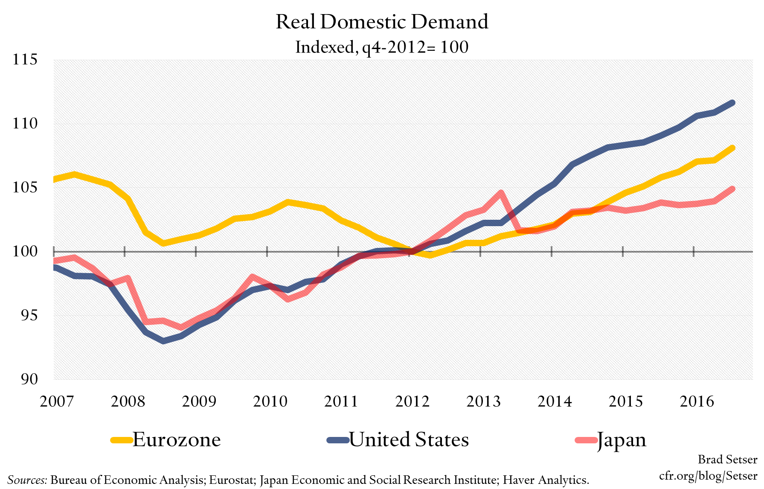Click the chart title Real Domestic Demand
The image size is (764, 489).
[x=382, y=22]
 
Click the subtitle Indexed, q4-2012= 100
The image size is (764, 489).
[x=382, y=47]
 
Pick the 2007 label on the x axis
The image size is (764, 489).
[x=57, y=401]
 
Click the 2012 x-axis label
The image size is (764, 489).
[x=412, y=401]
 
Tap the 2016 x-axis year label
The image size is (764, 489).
[x=697, y=401]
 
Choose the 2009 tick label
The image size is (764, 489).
[x=199, y=401]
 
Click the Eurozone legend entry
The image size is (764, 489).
[x=166, y=440]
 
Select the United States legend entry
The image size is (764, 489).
[x=398, y=440]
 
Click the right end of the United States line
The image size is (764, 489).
[x=732, y=103]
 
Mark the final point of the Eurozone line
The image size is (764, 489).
[x=732, y=148]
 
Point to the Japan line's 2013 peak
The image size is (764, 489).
[x=501, y=192]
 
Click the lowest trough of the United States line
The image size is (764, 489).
[x=163, y=341]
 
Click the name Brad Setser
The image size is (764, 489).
[x=727, y=459]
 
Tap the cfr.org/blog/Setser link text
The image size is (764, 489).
[x=708, y=475]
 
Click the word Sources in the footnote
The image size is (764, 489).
[x=27, y=480]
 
